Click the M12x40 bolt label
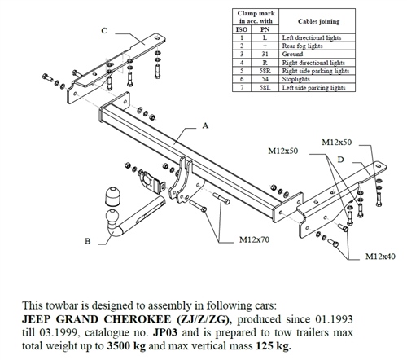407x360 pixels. [379, 257]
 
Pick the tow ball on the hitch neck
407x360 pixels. [110, 200]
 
